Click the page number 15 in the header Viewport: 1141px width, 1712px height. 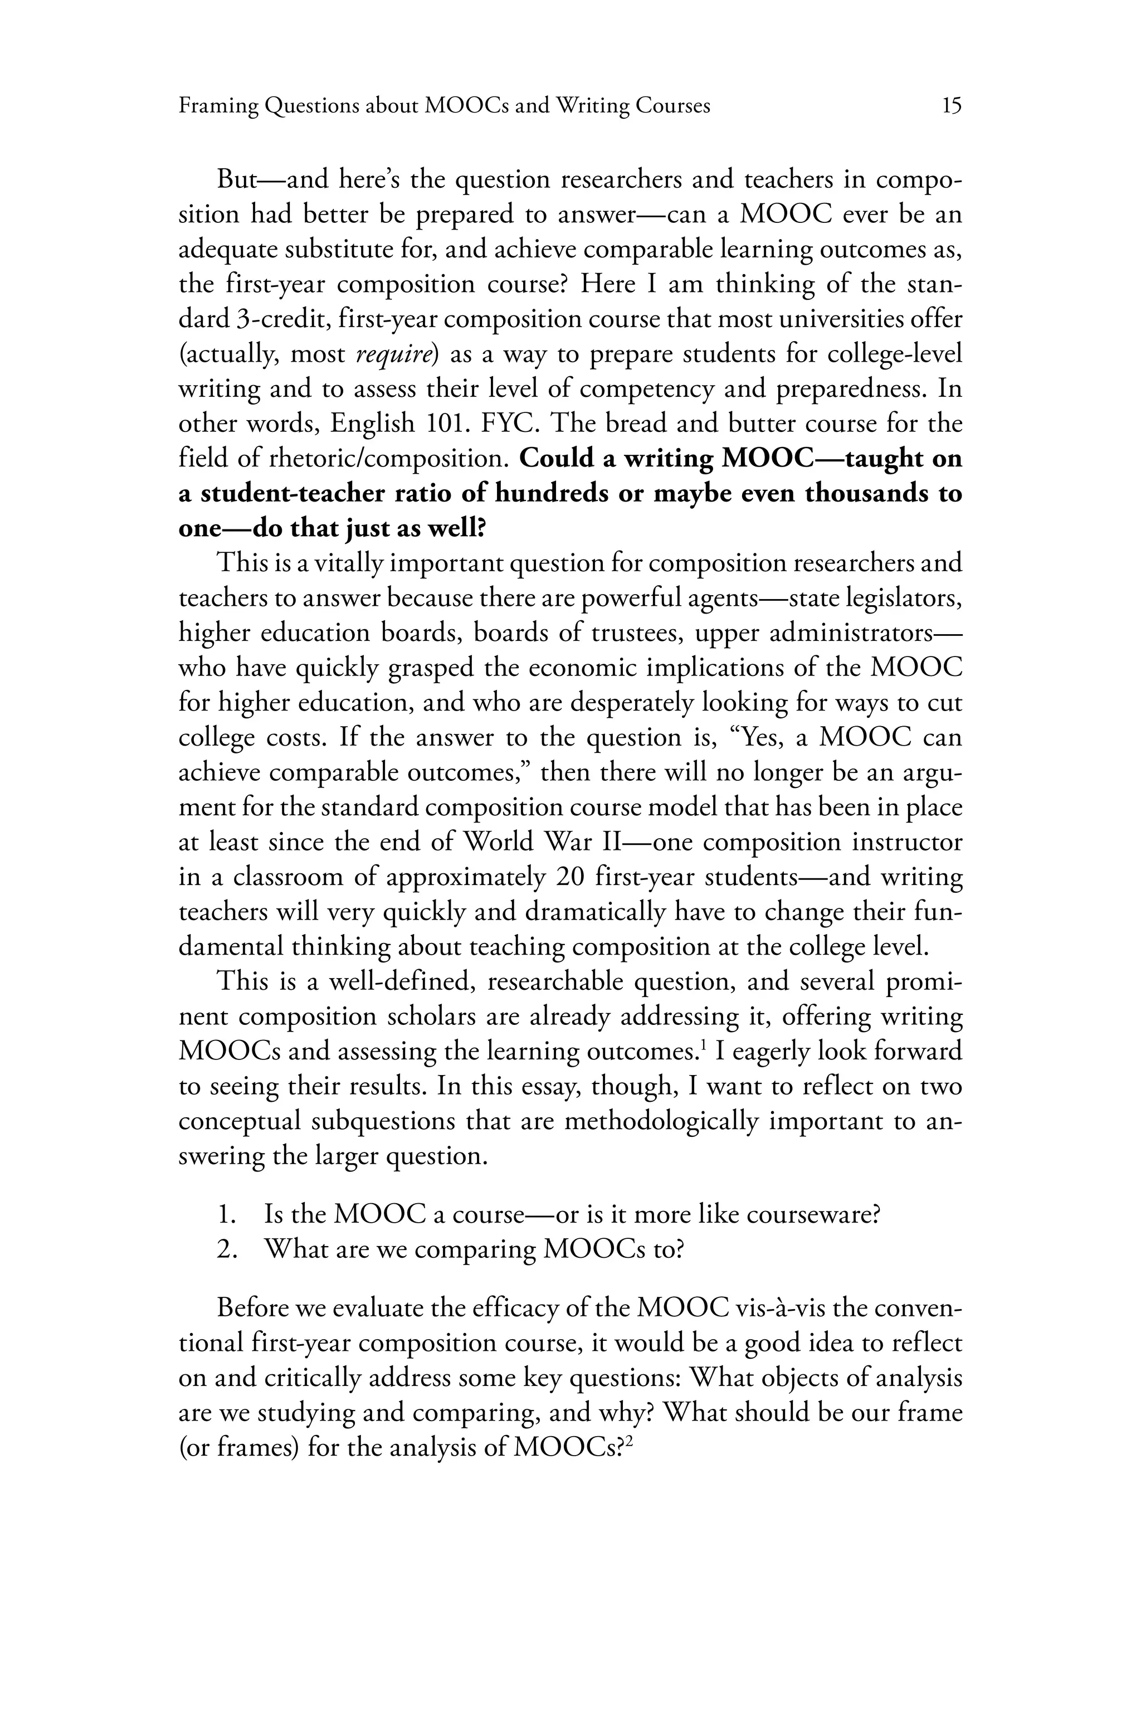coord(951,106)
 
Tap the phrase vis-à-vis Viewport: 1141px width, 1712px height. coord(779,1308)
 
